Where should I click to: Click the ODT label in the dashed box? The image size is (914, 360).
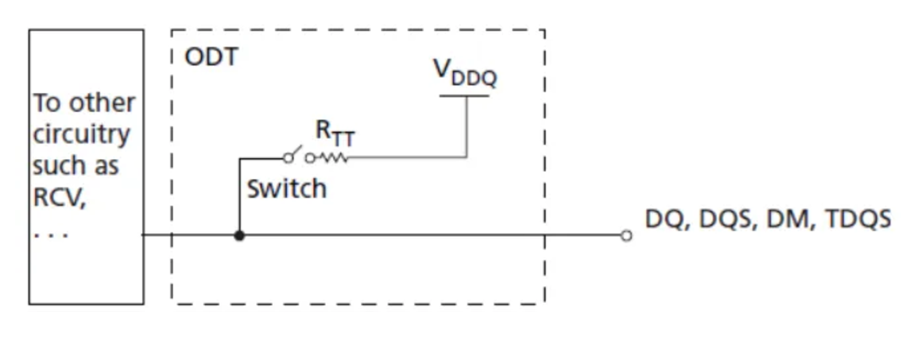(211, 57)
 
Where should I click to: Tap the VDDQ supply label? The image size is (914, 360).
(466, 73)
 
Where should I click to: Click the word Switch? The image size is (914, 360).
(286, 189)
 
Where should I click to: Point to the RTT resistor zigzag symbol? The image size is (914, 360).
(335, 157)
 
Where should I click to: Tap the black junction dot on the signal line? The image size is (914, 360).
(239, 235)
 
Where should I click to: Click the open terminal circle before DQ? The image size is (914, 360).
(626, 235)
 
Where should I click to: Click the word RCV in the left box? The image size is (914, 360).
(58, 198)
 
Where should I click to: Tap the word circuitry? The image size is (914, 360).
(80, 134)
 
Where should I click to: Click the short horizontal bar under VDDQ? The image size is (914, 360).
(465, 96)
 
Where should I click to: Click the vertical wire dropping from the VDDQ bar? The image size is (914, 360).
(467, 127)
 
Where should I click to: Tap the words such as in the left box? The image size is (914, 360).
(76, 166)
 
